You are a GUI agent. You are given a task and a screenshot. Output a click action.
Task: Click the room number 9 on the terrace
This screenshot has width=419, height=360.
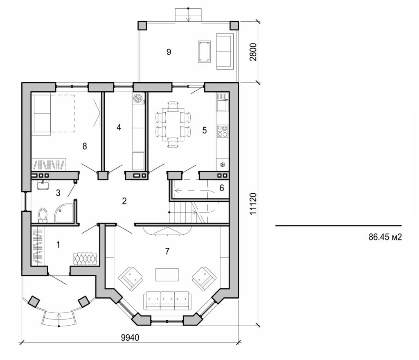pyautogui.click(x=169, y=52)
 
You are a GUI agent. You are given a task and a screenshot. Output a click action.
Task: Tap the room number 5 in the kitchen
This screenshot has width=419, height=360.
pyautogui.click(x=204, y=130)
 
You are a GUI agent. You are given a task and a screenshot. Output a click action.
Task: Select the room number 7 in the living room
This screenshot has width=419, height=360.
pyautogui.click(x=167, y=251)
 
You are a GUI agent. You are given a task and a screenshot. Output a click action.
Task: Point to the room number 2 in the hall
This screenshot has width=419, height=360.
pyautogui.click(x=124, y=201)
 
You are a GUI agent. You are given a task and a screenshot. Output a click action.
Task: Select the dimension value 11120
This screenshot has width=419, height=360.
pyautogui.click(x=253, y=203)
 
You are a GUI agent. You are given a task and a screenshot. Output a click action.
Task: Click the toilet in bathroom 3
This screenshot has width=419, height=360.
pyautogui.click(x=43, y=215)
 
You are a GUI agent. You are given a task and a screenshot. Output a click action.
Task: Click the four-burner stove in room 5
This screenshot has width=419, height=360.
pyautogui.click(x=223, y=131)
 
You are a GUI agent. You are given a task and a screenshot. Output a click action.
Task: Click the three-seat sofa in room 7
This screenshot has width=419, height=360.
pyautogui.click(x=167, y=301)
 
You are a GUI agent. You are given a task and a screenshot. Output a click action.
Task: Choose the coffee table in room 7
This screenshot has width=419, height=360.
pyautogui.click(x=167, y=274)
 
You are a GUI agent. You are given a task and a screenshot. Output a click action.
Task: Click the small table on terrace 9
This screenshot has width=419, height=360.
pyautogui.click(x=204, y=52)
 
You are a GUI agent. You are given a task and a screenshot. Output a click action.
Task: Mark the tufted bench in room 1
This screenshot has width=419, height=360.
pyautogui.click(x=85, y=258)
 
